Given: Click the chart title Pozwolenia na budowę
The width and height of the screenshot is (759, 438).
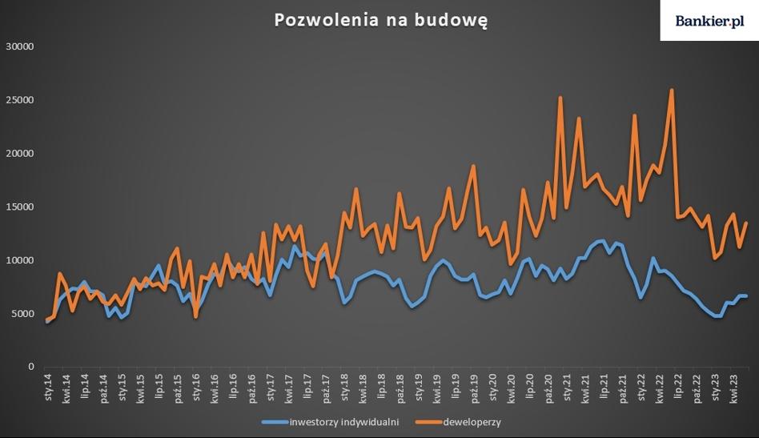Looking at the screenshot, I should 379,20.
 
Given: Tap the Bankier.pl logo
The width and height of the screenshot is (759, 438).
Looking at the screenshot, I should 709,20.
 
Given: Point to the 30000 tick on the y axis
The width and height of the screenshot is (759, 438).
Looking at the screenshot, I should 18,46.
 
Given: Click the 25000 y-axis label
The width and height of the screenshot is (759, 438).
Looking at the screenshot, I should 18,100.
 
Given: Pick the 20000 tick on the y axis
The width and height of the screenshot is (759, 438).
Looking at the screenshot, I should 18,154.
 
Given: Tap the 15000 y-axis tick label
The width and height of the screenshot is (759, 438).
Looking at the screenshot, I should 18,207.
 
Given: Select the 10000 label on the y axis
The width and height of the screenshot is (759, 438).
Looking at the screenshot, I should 18,260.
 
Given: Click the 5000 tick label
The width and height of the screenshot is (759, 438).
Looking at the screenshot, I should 22,314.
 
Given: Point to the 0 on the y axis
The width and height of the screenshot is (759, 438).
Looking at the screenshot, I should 30,367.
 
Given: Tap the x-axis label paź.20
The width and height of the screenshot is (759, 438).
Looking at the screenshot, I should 549,388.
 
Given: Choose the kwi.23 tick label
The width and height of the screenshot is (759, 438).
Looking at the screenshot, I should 735,388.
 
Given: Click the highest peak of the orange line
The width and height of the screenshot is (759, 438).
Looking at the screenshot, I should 672,90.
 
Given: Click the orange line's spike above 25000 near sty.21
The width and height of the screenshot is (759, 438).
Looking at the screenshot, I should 560,98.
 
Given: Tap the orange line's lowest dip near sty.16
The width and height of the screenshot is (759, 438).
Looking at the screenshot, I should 196,317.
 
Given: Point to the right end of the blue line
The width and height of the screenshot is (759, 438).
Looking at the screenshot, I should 747,296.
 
